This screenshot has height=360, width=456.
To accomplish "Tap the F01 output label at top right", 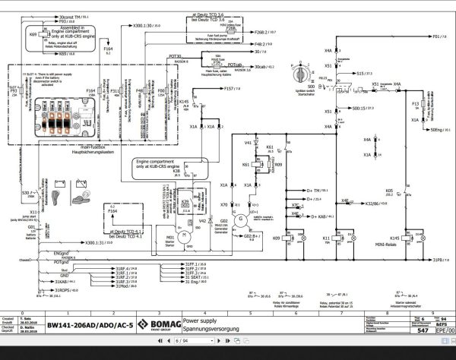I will [x=435, y=36].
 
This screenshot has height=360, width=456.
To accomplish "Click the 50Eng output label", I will [x=435, y=131].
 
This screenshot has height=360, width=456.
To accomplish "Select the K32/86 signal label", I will [x=377, y=204].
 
